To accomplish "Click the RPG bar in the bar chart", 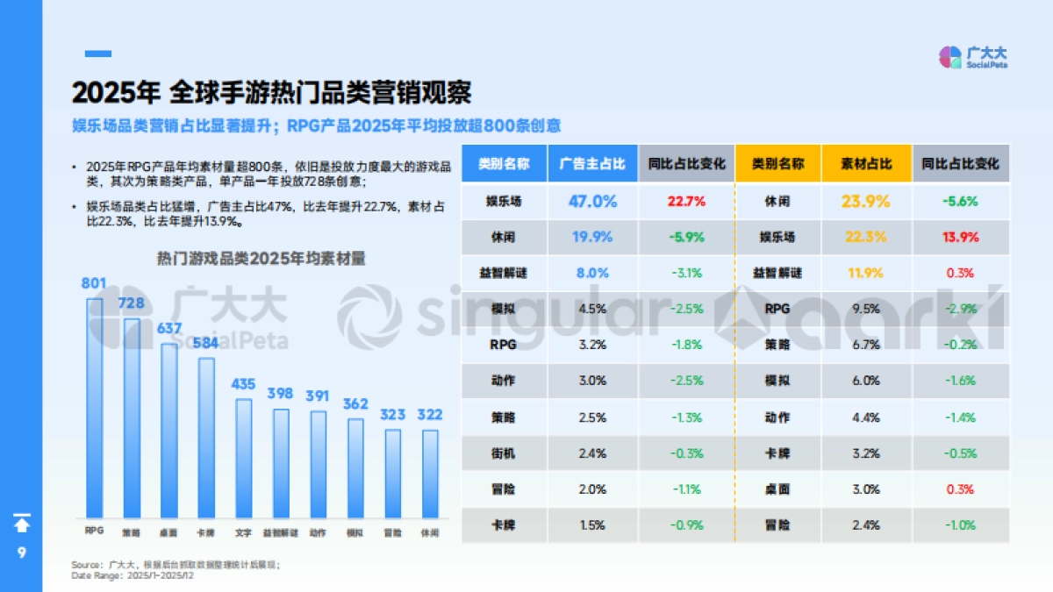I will point(94,408).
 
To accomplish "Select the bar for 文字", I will point(243,458).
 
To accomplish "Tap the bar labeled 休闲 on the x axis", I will point(430,474).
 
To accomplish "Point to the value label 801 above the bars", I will point(94,283).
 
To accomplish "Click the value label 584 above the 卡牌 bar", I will point(206,343).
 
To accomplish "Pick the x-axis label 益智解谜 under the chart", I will point(281,532).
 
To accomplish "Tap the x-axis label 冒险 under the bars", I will point(393,532).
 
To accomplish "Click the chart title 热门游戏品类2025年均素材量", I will point(261,259).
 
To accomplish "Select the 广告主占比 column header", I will point(593,164).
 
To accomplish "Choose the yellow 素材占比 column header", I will point(866,164).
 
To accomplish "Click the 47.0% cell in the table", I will point(593,201).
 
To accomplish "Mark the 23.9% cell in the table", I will point(866,201).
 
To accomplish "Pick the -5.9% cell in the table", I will point(686,237).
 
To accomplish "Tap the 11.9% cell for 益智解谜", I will point(866,273).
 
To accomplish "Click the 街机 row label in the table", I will point(504,453).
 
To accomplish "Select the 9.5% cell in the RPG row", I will point(866,309).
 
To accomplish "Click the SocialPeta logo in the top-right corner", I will point(972,58).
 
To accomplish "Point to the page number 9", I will point(22,553).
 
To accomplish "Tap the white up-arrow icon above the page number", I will point(22,524).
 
